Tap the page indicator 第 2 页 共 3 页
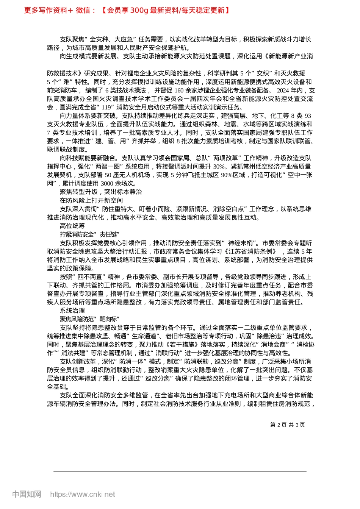point(287,425)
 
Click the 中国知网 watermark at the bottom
point(27,494)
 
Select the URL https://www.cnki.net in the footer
point(83,494)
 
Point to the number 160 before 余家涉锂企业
point(179,91)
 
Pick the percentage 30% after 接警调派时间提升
point(219,167)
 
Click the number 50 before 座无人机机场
point(108,175)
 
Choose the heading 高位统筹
point(72,226)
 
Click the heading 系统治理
point(72,311)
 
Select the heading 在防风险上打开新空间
point(91,200)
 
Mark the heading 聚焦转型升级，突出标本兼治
point(101,192)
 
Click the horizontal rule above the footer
point(180,472)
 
